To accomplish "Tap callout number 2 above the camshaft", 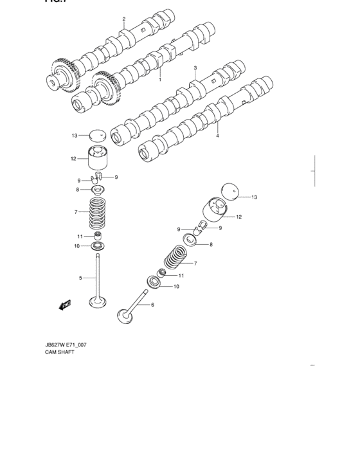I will tap(124, 19).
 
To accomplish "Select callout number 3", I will tap(195, 67).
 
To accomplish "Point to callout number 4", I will tap(217, 136).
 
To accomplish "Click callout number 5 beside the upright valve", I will tap(80, 278).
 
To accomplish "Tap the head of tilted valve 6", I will tap(123, 315).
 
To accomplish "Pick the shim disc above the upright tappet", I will tap(97, 136).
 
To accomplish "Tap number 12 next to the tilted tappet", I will tap(239, 217).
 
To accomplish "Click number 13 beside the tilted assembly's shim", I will tap(254, 197).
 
